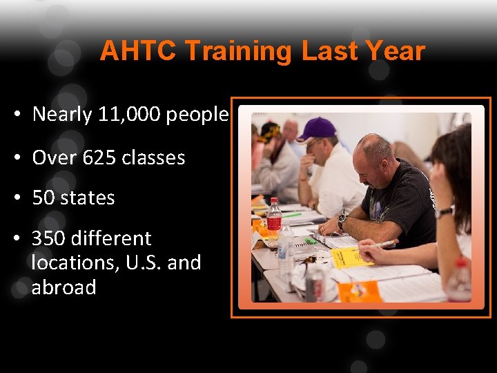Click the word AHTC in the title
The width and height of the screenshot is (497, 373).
[139, 51]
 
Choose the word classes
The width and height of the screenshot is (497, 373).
[156, 157]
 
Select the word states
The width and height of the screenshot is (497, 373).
[88, 198]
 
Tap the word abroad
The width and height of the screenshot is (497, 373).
[64, 287]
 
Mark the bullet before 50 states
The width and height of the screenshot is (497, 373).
[16, 198]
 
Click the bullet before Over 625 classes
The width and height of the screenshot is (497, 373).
[16, 157]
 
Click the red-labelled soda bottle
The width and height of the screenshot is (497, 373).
[274, 218]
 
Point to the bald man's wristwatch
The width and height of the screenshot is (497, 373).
[342, 220]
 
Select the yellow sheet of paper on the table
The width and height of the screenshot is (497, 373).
[351, 257]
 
